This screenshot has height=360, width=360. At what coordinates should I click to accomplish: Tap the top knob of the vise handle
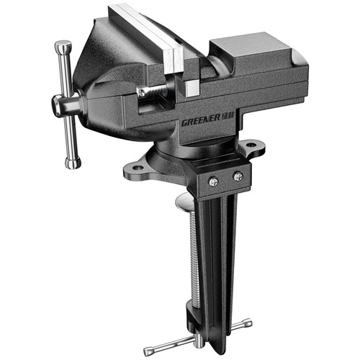point(63,47)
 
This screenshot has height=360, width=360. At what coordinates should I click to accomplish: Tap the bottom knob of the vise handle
point(72,163)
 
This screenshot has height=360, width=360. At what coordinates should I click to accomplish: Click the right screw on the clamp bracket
point(238,176)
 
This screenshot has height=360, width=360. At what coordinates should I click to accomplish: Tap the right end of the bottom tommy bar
point(248,323)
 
